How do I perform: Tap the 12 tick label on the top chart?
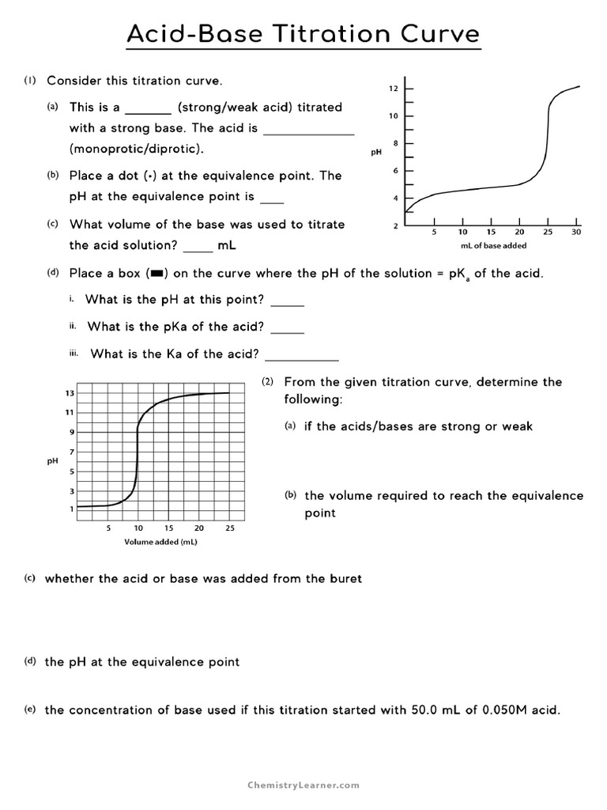(x=393, y=89)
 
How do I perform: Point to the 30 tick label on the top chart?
(x=576, y=232)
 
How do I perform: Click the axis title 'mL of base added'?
(x=493, y=246)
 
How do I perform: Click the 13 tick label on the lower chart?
(x=70, y=393)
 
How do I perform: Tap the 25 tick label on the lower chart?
(x=229, y=528)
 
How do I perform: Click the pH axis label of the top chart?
(x=376, y=152)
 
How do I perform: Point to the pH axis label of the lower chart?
(x=53, y=461)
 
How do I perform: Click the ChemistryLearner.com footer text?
(x=303, y=785)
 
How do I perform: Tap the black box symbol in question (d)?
(x=156, y=274)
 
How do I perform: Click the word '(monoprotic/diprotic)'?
(x=136, y=149)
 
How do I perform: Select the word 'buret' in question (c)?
(x=345, y=578)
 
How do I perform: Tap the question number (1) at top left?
(x=30, y=81)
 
